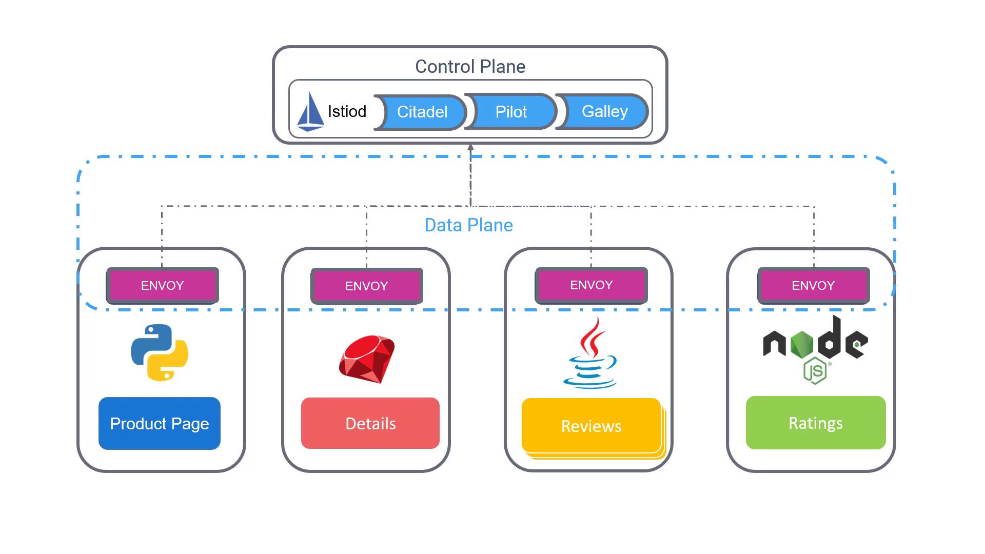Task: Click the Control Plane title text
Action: (470, 67)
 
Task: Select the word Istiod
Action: (347, 112)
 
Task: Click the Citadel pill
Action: (422, 112)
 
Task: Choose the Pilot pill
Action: (511, 112)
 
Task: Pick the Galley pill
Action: (604, 111)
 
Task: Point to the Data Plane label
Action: (468, 225)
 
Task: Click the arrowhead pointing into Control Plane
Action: (470, 148)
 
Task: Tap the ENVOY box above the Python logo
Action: (163, 286)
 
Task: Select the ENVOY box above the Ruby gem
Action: (367, 286)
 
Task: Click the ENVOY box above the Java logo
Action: (592, 285)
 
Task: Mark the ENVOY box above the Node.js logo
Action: (814, 286)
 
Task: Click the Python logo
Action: (160, 352)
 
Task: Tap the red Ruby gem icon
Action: (367, 359)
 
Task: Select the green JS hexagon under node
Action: (815, 371)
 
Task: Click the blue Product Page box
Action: (160, 424)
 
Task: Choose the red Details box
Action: (370, 424)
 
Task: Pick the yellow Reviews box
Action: (592, 426)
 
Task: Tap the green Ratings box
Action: (816, 423)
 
